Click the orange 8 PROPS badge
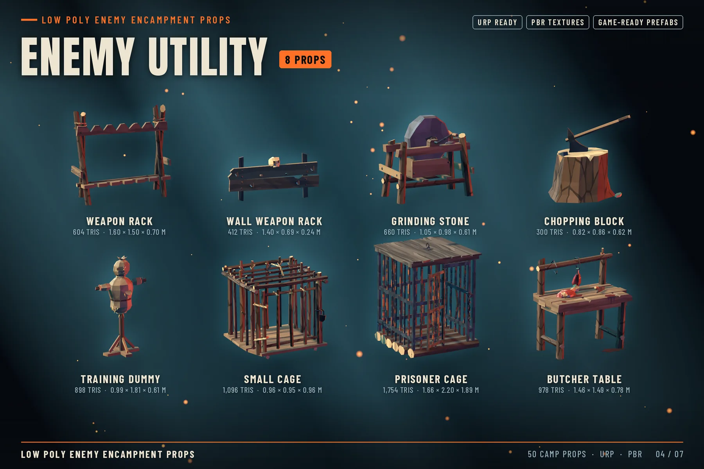coord(305,59)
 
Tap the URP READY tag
coord(497,22)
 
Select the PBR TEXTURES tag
coord(557,22)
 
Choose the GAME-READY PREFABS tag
coord(638,22)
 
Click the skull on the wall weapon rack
coord(274,161)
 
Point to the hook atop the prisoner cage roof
coord(428,247)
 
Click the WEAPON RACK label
coord(119,221)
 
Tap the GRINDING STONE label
coord(430,221)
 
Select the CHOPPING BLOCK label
coord(584,221)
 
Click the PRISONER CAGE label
coord(431,379)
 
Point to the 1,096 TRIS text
coord(238,390)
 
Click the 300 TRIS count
coord(550,232)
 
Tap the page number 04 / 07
coord(670,454)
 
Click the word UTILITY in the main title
coord(208,57)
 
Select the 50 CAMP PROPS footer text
coord(557,454)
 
